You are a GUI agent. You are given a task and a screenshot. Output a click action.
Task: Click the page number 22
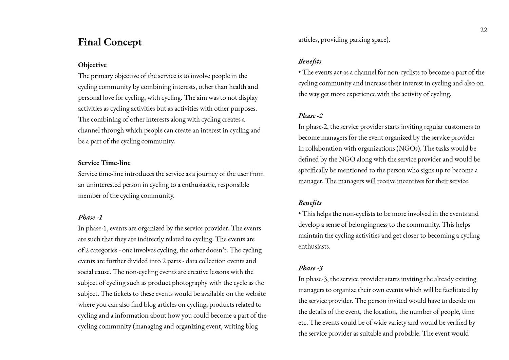pos(484,30)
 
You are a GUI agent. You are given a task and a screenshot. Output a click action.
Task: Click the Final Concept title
pos(110,42)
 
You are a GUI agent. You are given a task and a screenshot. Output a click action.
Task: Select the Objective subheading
pos(92,65)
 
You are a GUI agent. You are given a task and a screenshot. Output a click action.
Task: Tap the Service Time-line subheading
pos(104,163)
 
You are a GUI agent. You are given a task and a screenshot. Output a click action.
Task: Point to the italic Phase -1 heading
pos(90,217)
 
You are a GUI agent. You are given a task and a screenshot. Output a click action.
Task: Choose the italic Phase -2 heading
pos(310,116)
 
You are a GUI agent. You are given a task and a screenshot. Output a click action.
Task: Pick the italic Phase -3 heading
pos(310,268)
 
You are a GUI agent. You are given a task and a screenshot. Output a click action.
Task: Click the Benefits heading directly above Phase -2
pos(310,61)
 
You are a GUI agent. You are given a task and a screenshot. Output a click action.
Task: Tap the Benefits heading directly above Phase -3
pos(310,203)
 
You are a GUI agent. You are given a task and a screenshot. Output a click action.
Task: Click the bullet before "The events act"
pos(300,72)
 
